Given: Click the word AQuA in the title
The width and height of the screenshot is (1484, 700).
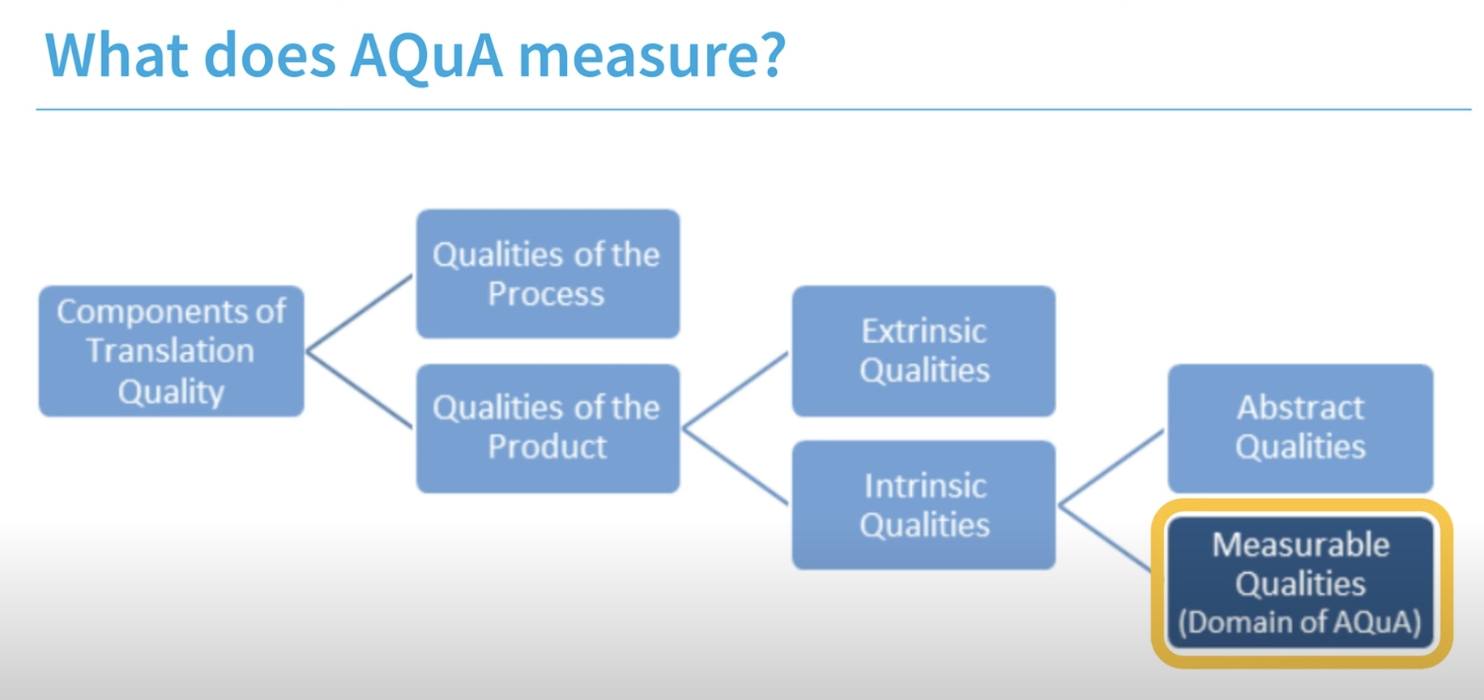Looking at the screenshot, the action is coord(426,57).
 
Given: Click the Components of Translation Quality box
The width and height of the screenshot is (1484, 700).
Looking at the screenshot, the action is coord(171,351).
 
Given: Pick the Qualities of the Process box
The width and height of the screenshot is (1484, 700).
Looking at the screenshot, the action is coord(548,274).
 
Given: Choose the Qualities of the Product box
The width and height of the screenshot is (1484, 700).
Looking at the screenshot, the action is coord(548,429).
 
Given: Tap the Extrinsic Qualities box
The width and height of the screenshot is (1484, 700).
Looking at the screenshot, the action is coord(923,351).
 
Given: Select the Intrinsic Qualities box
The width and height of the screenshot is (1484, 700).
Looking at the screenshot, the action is coord(923,505).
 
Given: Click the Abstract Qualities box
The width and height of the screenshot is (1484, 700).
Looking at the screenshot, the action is coord(1300,428).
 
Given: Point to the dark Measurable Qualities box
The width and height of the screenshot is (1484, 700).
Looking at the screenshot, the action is coord(1300,583).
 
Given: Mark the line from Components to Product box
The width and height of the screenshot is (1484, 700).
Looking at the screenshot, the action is coord(359,390).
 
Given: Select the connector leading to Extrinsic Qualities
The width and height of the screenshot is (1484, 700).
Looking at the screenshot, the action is coord(736,390).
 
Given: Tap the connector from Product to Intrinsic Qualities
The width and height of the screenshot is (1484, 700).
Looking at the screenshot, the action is coord(736,467).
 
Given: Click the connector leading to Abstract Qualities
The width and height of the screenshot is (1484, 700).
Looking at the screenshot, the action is coord(1111,467).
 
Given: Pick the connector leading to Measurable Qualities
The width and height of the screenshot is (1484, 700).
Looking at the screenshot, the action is coord(1106,538).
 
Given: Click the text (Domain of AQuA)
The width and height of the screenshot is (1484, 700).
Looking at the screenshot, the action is coord(1300,622).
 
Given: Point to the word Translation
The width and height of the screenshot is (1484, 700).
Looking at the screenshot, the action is coord(170,351).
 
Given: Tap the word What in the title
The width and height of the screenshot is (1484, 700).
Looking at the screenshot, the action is coord(117,56).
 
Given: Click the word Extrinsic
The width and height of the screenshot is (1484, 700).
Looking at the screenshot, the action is coord(923,331).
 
